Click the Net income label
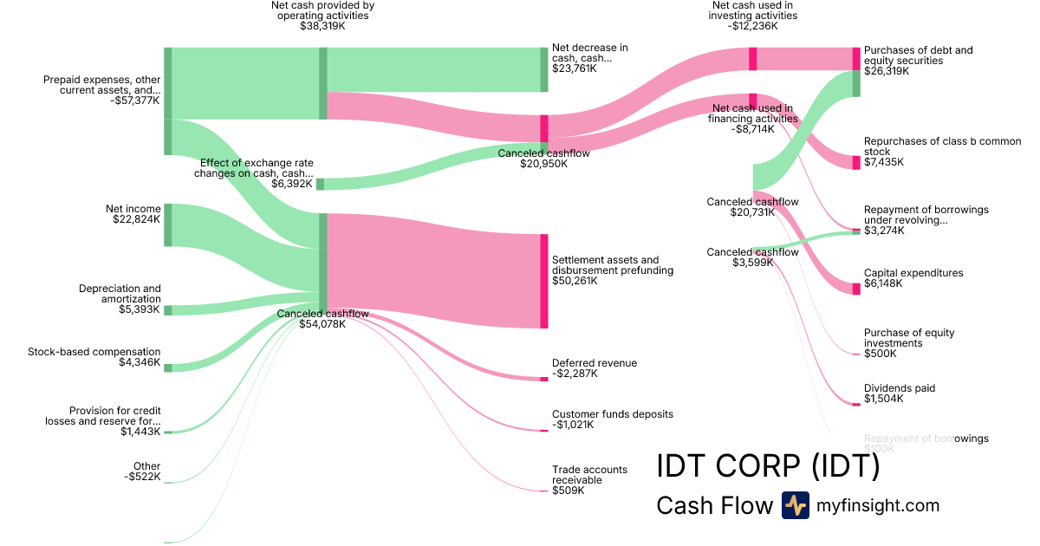(133, 208)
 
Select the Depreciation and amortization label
(120, 294)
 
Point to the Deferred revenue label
(595, 363)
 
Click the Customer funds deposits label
(612, 414)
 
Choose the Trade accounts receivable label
(589, 475)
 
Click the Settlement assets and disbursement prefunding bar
(544, 281)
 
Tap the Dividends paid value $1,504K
(884, 400)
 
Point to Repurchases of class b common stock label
(942, 146)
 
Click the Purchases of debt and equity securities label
(918, 55)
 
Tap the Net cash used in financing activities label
(752, 113)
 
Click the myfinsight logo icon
(795, 505)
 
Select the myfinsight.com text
(878, 506)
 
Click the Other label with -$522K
(146, 466)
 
